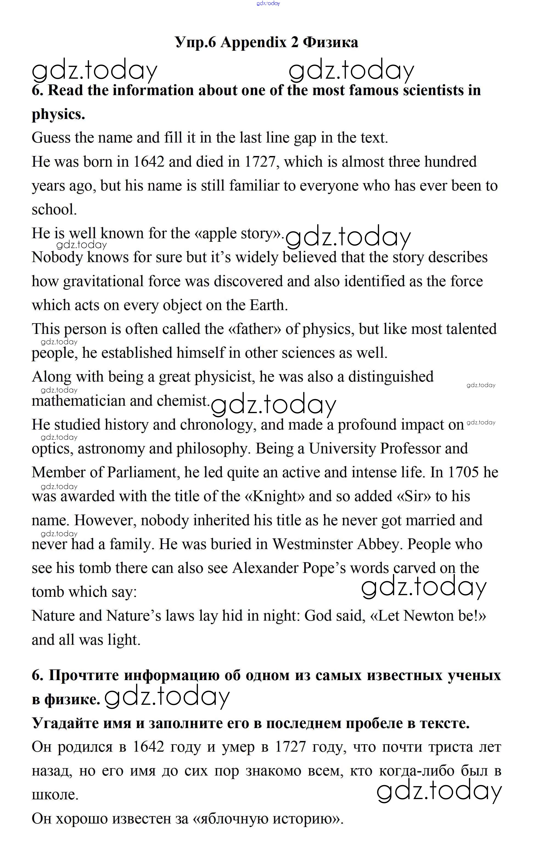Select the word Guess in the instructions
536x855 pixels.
51,138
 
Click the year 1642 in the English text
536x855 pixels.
148,162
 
